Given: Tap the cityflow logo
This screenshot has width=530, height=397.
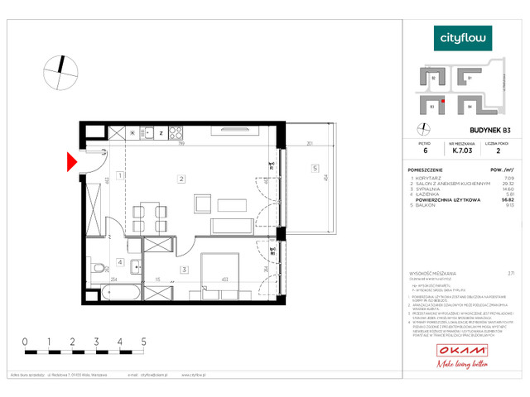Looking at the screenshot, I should (x=464, y=37).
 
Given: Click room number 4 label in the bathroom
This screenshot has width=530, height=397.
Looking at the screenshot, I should (x=118, y=264).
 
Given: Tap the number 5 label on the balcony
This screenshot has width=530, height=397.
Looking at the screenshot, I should (x=315, y=170).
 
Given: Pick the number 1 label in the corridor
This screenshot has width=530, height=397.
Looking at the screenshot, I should (x=120, y=175).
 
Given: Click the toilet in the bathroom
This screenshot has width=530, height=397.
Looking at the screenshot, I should (x=97, y=267).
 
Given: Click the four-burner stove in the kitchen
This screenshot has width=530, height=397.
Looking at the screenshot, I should (x=174, y=131).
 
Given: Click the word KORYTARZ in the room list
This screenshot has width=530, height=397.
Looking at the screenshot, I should (x=430, y=178).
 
